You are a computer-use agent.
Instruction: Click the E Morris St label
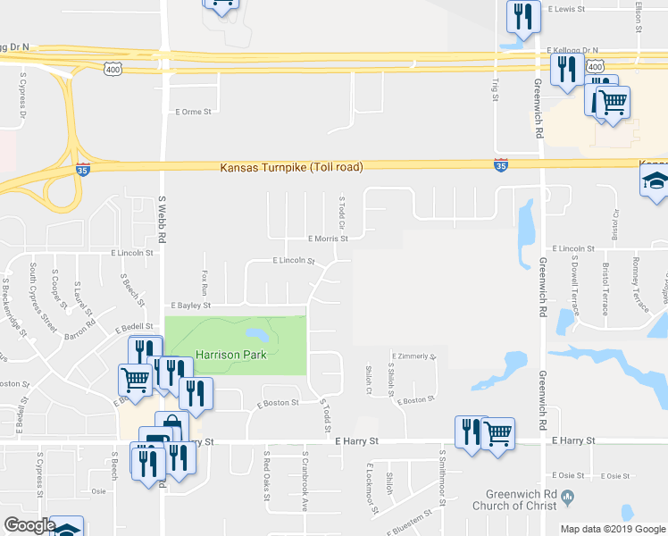pyautogui.click(x=328, y=239)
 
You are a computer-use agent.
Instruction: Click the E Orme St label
pyautogui.click(x=194, y=112)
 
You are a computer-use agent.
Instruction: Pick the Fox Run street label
pyautogui.click(x=205, y=283)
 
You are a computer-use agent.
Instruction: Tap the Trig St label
pyautogui.click(x=496, y=88)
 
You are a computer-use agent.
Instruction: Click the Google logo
pyautogui.click(x=29, y=525)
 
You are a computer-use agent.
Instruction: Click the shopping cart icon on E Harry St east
pyautogui.click(x=498, y=433)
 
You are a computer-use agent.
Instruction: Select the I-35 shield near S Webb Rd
pyautogui.click(x=82, y=169)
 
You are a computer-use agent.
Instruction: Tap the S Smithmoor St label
pyautogui.click(x=441, y=473)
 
